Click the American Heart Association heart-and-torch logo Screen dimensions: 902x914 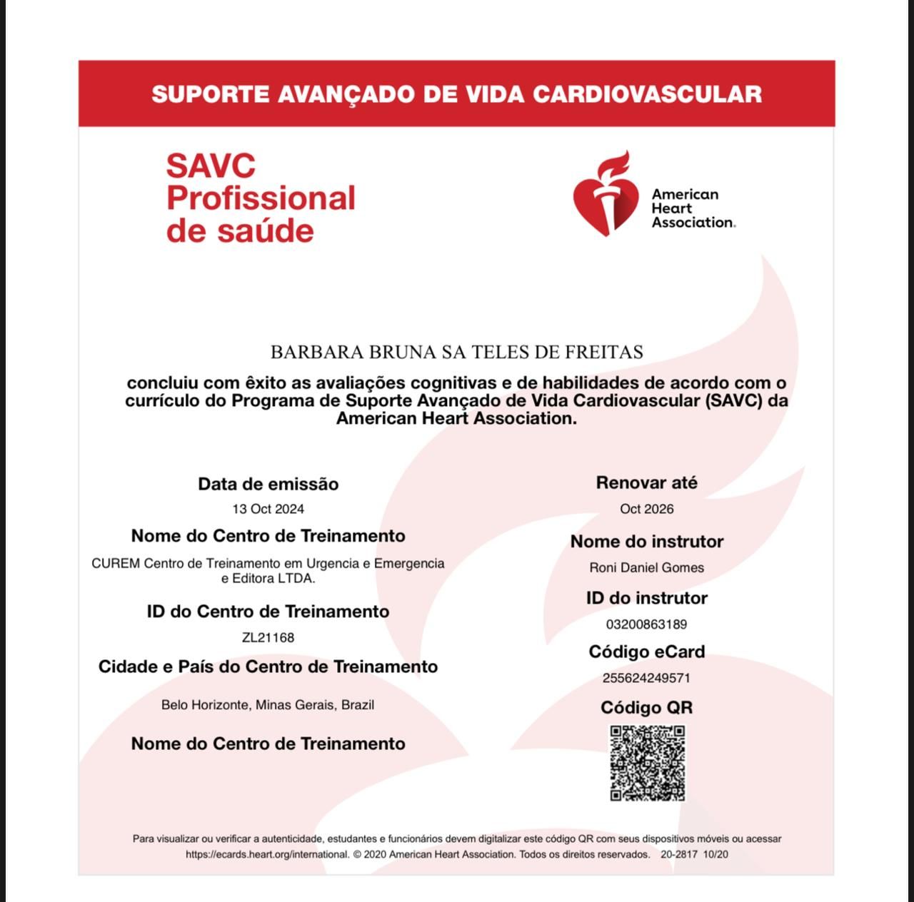(x=606, y=194)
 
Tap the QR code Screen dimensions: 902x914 (x=648, y=763)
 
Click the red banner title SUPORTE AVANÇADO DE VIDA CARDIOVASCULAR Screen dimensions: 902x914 (x=456, y=94)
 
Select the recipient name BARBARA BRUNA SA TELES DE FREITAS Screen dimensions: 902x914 (x=456, y=352)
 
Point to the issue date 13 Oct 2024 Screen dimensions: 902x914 (x=268, y=509)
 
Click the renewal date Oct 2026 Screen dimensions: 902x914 (x=646, y=509)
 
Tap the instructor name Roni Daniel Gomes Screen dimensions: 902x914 (x=646, y=568)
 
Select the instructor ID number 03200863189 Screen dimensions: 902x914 (x=646, y=624)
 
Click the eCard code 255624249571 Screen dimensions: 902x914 (x=646, y=678)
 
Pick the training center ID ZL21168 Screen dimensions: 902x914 (x=268, y=637)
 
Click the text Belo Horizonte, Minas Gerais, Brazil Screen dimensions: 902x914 (x=268, y=705)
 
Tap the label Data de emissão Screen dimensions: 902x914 (x=268, y=484)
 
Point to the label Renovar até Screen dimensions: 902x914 (x=646, y=483)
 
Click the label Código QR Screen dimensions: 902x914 (x=646, y=708)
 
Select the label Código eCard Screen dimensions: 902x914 (x=646, y=652)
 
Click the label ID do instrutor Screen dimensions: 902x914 (x=646, y=598)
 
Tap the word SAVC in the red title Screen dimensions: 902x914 (x=211, y=166)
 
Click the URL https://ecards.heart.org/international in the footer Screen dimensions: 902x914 (x=267, y=854)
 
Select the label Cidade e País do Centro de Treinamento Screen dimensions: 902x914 (x=268, y=667)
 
